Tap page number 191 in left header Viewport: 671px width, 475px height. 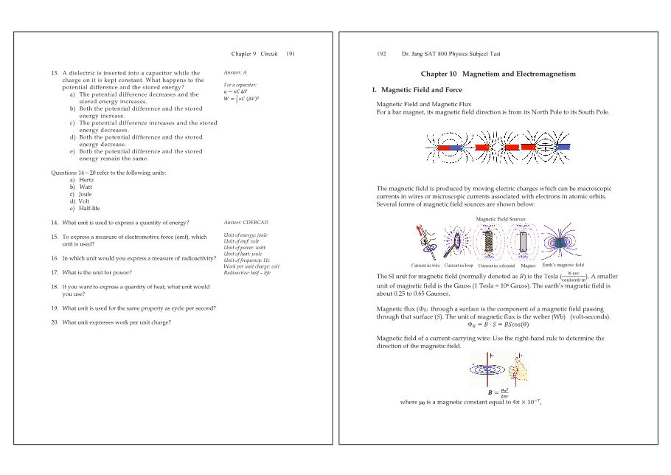click(291, 54)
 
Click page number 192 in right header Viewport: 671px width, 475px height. click(381, 54)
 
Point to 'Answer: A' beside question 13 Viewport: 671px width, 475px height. click(235, 73)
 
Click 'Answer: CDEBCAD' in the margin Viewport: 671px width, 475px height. click(246, 222)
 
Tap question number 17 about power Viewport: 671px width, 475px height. click(55, 272)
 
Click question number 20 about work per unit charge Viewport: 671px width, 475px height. click(55, 322)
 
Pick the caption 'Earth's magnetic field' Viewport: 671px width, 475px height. click(563, 266)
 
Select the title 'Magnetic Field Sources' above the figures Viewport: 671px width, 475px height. click(500, 219)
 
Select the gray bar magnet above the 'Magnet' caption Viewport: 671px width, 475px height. click(524, 241)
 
